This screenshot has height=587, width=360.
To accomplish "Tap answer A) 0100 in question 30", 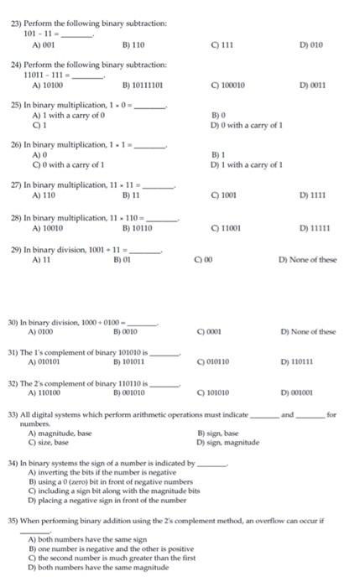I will pos(42,330).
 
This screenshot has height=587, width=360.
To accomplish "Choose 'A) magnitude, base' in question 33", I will pos(60,433).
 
